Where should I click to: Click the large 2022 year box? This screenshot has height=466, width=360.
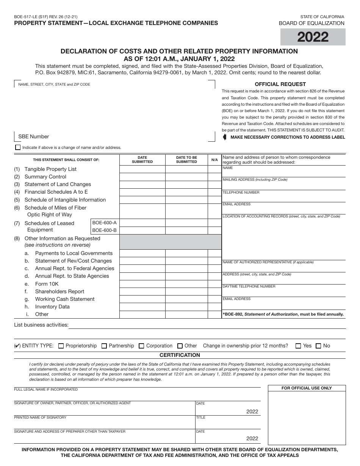313,37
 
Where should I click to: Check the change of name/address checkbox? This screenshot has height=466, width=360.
18,147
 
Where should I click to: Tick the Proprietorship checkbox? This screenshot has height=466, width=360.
61,346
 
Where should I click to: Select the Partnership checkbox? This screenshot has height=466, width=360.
104,346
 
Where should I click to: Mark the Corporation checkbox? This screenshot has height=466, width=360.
141,346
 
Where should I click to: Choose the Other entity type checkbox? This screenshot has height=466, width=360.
180,346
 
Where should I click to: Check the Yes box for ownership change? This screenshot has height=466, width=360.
298,346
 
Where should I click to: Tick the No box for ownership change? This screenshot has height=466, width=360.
318,346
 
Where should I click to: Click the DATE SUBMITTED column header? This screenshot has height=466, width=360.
142,160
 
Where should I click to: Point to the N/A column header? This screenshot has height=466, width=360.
214,160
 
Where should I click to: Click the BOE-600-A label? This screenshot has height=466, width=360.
105,223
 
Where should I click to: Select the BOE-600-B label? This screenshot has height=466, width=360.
105,230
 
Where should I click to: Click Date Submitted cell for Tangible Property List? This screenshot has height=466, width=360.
142,169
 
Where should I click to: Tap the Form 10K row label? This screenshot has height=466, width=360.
47,284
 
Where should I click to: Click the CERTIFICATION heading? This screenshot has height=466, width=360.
180,355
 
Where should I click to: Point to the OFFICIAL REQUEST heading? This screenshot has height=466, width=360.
280,84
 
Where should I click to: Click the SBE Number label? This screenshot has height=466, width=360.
34,136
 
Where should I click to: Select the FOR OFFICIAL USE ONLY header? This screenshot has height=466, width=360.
307,388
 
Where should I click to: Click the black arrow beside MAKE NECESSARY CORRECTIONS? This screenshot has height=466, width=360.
225,137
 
